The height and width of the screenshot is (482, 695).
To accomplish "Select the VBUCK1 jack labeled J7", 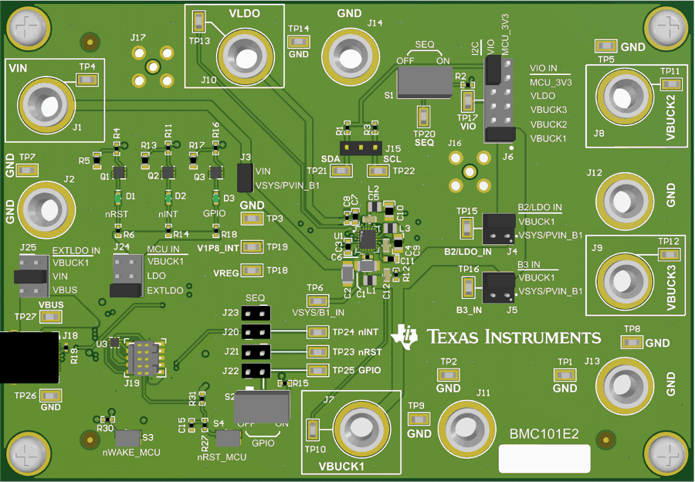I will click(x=358, y=427).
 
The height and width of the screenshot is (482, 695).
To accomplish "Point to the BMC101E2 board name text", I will click(x=544, y=435).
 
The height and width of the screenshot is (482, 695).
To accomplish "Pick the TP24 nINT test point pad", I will click(x=317, y=332).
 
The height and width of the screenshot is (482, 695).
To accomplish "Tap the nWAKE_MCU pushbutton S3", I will click(x=131, y=437).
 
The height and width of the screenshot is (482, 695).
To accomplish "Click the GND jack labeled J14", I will click(x=354, y=53).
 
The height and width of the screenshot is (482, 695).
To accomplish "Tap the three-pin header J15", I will click(x=361, y=148).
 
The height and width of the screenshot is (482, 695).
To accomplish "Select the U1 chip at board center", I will click(x=368, y=239).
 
